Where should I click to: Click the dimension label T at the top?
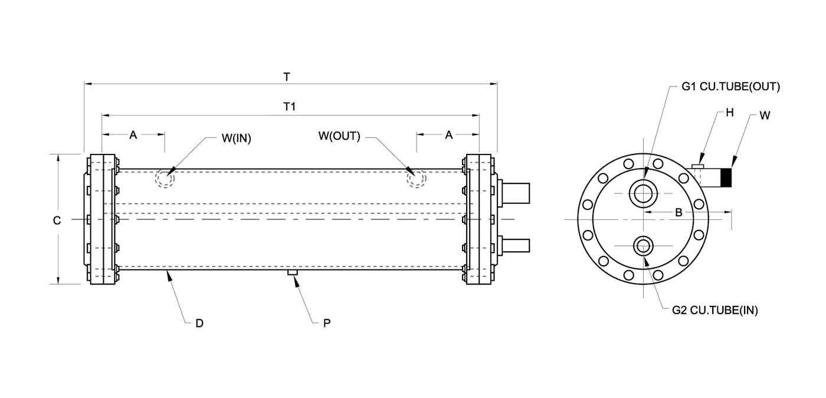point(287,77)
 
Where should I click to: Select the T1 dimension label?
point(290,107)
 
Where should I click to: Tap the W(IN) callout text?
point(237,138)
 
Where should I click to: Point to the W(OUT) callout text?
point(339,136)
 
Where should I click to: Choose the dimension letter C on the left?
point(57,221)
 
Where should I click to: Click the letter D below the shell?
point(199,323)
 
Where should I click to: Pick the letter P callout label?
point(327,323)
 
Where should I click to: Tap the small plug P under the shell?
point(293,272)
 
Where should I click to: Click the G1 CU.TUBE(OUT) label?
point(731,87)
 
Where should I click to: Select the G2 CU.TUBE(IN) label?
point(715,310)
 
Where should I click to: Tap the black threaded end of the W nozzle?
point(726,177)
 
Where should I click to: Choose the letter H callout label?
point(729,113)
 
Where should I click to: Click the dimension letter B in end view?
point(678,212)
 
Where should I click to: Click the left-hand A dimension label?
point(133,135)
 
